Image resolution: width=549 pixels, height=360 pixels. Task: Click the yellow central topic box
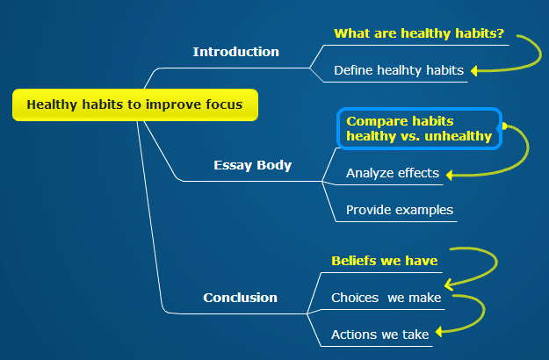click(x=135, y=105)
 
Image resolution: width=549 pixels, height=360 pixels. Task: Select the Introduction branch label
click(x=236, y=52)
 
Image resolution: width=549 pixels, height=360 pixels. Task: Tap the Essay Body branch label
click(x=252, y=165)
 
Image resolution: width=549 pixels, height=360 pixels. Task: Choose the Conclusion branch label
click(x=240, y=298)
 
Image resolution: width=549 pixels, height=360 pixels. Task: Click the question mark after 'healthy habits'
click(x=501, y=32)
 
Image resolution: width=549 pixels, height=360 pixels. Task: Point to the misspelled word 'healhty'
click(x=400, y=70)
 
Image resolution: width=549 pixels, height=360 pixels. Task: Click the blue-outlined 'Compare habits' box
click(x=419, y=129)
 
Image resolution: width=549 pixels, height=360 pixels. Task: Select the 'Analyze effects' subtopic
click(x=393, y=173)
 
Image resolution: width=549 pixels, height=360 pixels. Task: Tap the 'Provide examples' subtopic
click(x=400, y=210)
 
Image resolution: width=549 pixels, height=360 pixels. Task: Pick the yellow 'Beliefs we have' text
click(x=385, y=261)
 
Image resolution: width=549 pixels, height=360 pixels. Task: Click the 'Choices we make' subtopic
click(x=386, y=298)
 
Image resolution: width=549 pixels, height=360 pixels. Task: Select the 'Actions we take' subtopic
click(x=379, y=335)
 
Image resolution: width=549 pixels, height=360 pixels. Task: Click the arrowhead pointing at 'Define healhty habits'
click(x=474, y=70)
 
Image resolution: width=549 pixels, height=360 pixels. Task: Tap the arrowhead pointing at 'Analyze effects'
click(x=449, y=175)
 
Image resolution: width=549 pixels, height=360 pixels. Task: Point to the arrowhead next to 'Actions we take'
click(x=438, y=331)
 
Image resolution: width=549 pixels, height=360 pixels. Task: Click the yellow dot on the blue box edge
click(x=504, y=126)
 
